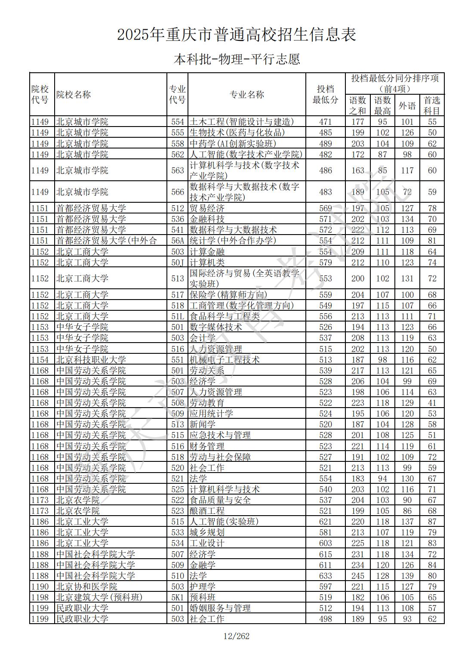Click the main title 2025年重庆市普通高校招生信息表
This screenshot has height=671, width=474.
237,35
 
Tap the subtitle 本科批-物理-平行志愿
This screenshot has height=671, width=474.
237,59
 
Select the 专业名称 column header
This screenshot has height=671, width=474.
246,95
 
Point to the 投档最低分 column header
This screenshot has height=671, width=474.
325,95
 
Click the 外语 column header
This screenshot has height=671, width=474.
407,105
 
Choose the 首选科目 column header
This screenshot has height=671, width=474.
432,105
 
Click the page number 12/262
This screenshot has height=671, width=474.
237,636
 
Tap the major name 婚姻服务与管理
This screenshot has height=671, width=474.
220,608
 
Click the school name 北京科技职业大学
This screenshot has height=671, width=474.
91,360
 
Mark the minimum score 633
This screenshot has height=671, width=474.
325,576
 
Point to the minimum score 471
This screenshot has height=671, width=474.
325,122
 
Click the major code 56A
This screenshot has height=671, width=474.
177,241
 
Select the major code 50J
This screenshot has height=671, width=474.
177,263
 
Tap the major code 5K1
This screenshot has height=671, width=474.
177,597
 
